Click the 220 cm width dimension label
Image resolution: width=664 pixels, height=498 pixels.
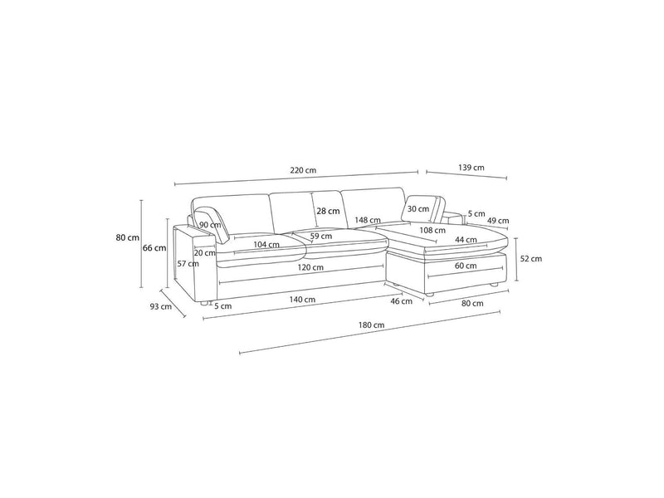tap(303, 170)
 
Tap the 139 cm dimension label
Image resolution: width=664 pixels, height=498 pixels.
tap(471, 168)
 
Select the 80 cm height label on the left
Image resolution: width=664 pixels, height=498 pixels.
tap(128, 237)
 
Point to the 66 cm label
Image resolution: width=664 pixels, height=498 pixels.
tap(154, 247)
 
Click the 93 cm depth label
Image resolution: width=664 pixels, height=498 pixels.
tap(160, 306)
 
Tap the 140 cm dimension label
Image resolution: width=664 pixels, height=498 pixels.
tap(304, 299)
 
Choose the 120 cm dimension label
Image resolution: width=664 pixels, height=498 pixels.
tap(312, 268)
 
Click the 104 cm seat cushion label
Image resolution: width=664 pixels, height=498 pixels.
tap(266, 244)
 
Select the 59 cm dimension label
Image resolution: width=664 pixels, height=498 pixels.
tap(321, 237)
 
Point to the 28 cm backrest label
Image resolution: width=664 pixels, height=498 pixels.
tap(328, 211)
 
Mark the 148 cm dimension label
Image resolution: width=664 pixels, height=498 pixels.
tap(368, 221)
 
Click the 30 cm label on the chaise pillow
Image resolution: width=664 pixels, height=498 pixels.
tap(418, 208)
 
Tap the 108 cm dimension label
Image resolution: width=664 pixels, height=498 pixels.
tap(432, 230)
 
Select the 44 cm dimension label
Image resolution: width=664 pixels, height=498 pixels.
tap(466, 240)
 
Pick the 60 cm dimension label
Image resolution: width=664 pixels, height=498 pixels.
tap(466, 266)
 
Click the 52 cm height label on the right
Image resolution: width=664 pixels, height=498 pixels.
tap(530, 258)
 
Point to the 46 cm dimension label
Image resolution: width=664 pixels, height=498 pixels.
tap(401, 300)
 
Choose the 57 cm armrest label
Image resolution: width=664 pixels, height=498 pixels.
tap(188, 264)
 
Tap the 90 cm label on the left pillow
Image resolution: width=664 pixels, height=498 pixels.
tap(210, 224)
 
